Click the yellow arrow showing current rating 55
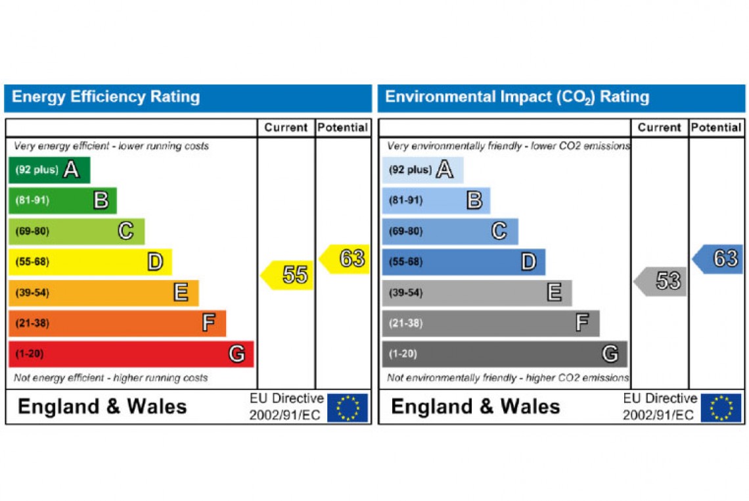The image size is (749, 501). [x=288, y=275]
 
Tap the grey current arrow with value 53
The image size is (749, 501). [x=662, y=281]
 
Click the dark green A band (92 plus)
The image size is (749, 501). [x=49, y=170]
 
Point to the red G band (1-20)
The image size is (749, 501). [x=131, y=354]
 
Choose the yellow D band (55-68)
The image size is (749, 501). [x=90, y=262]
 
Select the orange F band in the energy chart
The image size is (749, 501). [x=117, y=323]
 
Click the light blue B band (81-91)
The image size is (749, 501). [x=436, y=201]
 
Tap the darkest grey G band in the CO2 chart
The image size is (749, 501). [x=504, y=354]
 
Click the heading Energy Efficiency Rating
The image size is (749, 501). [x=106, y=97]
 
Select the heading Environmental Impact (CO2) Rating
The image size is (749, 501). [x=517, y=97]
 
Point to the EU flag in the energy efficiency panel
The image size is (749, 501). [x=348, y=408]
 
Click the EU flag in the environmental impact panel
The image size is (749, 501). [x=721, y=408]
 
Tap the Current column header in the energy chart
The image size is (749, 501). [x=286, y=128]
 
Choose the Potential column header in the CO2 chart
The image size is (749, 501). [x=716, y=128]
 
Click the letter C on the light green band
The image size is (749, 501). [x=125, y=231]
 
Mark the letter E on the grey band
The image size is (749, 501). [x=555, y=293]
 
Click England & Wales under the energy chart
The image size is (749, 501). [x=102, y=406]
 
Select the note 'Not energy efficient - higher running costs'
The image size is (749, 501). [x=111, y=378]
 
